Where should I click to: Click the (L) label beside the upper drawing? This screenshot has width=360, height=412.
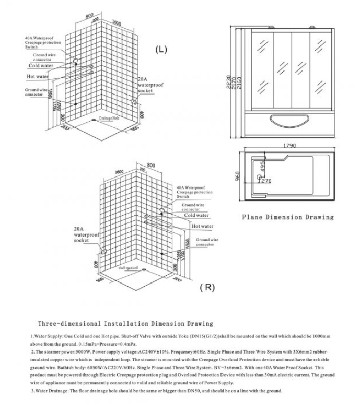pyautogui.click(x=161, y=50)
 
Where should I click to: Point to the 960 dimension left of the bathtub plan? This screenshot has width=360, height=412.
pyautogui.click(x=237, y=176)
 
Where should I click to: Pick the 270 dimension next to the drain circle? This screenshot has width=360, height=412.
pyautogui.click(x=267, y=182)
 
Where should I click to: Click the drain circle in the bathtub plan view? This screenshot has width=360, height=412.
pyautogui.click(x=258, y=178)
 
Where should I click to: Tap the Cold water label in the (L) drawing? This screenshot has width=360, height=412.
pyautogui.click(x=41, y=66)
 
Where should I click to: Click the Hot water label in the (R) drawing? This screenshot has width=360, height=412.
pyautogui.click(x=202, y=226)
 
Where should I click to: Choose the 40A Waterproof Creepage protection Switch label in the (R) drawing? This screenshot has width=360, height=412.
pyautogui.click(x=194, y=192)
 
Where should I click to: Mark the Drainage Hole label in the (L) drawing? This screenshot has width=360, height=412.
pyautogui.click(x=110, y=120)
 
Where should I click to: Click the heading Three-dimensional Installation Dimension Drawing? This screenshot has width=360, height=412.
pyautogui.click(x=125, y=324)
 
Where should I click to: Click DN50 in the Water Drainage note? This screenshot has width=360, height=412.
pyautogui.click(x=194, y=391)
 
